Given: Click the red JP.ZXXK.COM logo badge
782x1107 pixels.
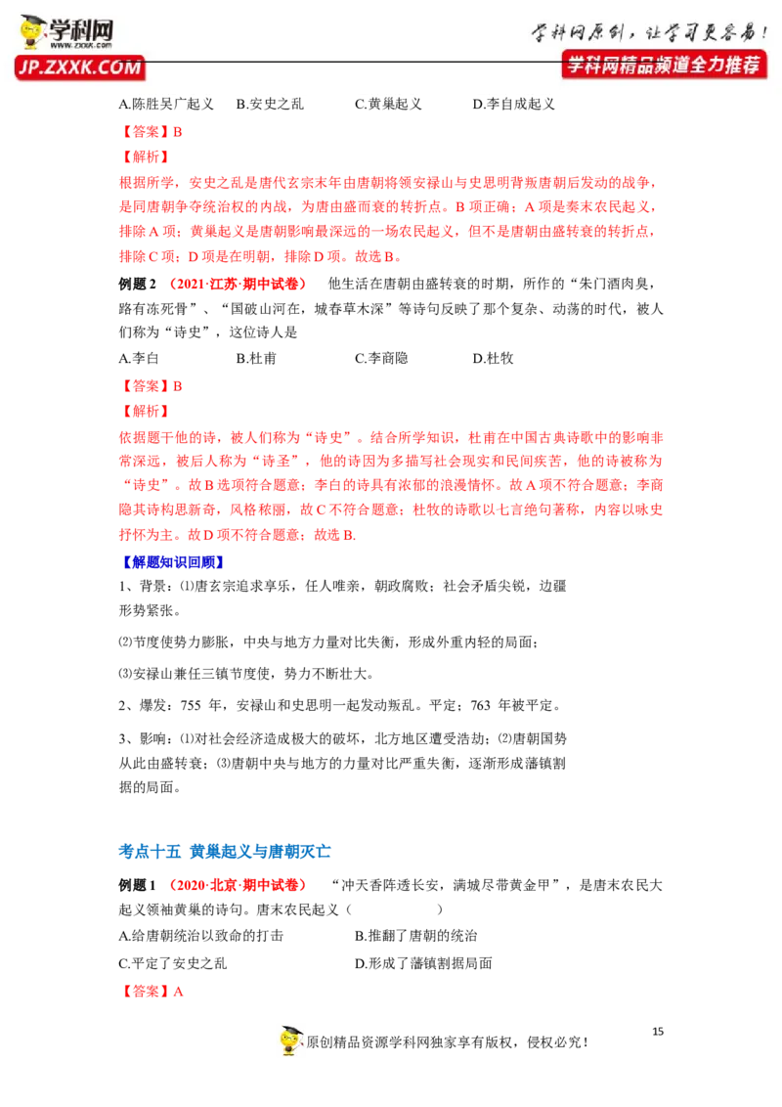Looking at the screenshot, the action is click(x=79, y=67).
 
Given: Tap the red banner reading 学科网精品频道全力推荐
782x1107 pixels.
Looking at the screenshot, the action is click(x=664, y=65).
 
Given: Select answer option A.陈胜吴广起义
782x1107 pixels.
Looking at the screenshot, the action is click(x=166, y=104).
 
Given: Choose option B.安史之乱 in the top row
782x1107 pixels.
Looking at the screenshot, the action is click(x=270, y=104).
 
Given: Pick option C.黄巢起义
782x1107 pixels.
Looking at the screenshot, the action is click(x=388, y=104).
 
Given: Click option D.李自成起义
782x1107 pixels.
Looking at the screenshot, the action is click(x=513, y=104).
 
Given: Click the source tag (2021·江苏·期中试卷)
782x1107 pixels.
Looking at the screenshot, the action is click(x=239, y=284).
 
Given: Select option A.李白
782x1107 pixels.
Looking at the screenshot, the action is click(x=139, y=358).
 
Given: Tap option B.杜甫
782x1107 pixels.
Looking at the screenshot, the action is click(x=256, y=358).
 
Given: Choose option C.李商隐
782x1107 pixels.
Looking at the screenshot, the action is click(x=381, y=358).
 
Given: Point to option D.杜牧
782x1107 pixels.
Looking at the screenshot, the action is click(x=493, y=358).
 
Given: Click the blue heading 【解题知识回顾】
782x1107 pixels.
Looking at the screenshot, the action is click(x=172, y=562).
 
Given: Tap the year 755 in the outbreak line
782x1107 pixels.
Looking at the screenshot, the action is click(x=191, y=705).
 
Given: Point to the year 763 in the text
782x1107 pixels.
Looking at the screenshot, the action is click(x=480, y=705).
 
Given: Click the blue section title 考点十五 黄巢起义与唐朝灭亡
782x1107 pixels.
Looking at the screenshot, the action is click(x=225, y=852).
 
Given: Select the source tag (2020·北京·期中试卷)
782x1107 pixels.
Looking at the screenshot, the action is click(x=239, y=885).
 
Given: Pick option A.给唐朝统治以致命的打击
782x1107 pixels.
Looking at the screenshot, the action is click(x=200, y=936).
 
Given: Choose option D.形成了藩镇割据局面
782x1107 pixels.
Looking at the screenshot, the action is click(x=423, y=963).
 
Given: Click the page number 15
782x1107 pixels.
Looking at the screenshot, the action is click(x=658, y=1032).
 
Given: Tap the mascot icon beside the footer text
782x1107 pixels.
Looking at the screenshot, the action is click(x=290, y=1041).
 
